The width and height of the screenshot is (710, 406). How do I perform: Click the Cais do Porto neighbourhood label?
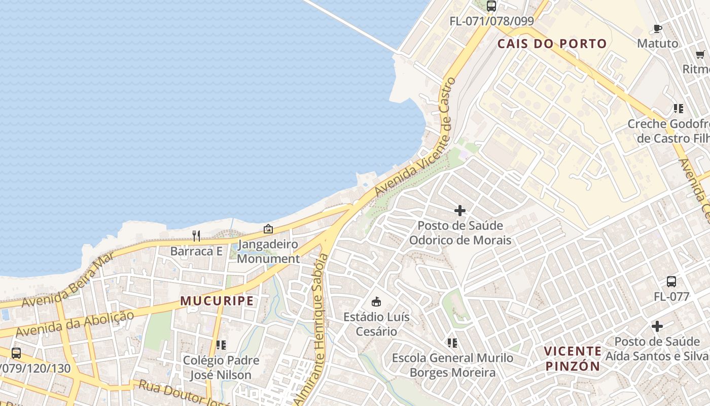pyautogui.click(x=552, y=44)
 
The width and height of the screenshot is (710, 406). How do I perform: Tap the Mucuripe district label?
pyautogui.click(x=217, y=301)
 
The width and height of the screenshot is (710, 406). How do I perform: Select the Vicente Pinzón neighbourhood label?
pyautogui.click(x=573, y=358)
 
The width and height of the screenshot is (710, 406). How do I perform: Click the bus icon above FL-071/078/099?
pyautogui.click(x=491, y=6)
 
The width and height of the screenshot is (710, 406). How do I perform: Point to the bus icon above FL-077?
pyautogui.click(x=671, y=282)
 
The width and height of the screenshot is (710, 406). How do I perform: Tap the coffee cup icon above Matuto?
pyautogui.click(x=658, y=28)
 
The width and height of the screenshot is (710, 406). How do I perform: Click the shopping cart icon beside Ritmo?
pyautogui.click(x=700, y=54)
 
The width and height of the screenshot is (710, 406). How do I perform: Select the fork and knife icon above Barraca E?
pyautogui.click(x=196, y=235)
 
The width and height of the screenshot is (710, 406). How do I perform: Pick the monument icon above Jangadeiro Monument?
pyautogui.click(x=268, y=229)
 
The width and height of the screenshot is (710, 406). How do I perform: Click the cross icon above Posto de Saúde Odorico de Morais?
pyautogui.click(x=460, y=210)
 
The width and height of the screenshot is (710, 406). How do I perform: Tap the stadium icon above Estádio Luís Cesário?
pyautogui.click(x=376, y=302)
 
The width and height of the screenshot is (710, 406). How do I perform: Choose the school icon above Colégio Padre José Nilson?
pyautogui.click(x=221, y=345)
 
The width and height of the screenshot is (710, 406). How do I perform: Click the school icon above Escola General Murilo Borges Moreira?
pyautogui.click(x=452, y=343)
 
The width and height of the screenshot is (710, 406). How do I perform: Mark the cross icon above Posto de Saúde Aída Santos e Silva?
pyautogui.click(x=657, y=326)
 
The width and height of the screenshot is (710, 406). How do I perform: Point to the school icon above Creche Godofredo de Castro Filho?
pyautogui.click(x=678, y=108)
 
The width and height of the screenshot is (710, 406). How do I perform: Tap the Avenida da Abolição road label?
pyautogui.click(x=75, y=324)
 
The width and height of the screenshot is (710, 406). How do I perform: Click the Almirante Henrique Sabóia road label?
pyautogui.click(x=319, y=330)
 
